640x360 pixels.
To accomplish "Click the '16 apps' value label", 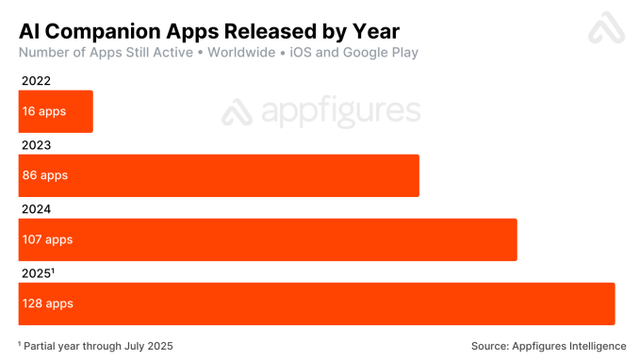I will pyautogui.click(x=43, y=111).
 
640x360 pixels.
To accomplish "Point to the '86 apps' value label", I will pyautogui.click(x=45, y=175).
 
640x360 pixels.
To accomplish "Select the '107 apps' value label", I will pyautogui.click(x=48, y=239).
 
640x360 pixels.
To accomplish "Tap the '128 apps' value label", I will pyautogui.click(x=48, y=303).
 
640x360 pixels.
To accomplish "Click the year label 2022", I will pyautogui.click(x=36, y=82).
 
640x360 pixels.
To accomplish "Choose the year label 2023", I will pyautogui.click(x=36, y=145).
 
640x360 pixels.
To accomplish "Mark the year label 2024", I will pyautogui.click(x=36, y=209).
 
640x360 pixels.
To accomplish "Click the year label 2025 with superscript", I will pyautogui.click(x=39, y=273).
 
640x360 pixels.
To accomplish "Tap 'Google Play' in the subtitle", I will pyautogui.click(x=377, y=53).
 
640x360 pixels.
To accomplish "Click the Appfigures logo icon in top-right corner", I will pyautogui.click(x=606, y=28).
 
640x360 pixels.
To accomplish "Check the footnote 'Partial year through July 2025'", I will pyautogui.click(x=98, y=346).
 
